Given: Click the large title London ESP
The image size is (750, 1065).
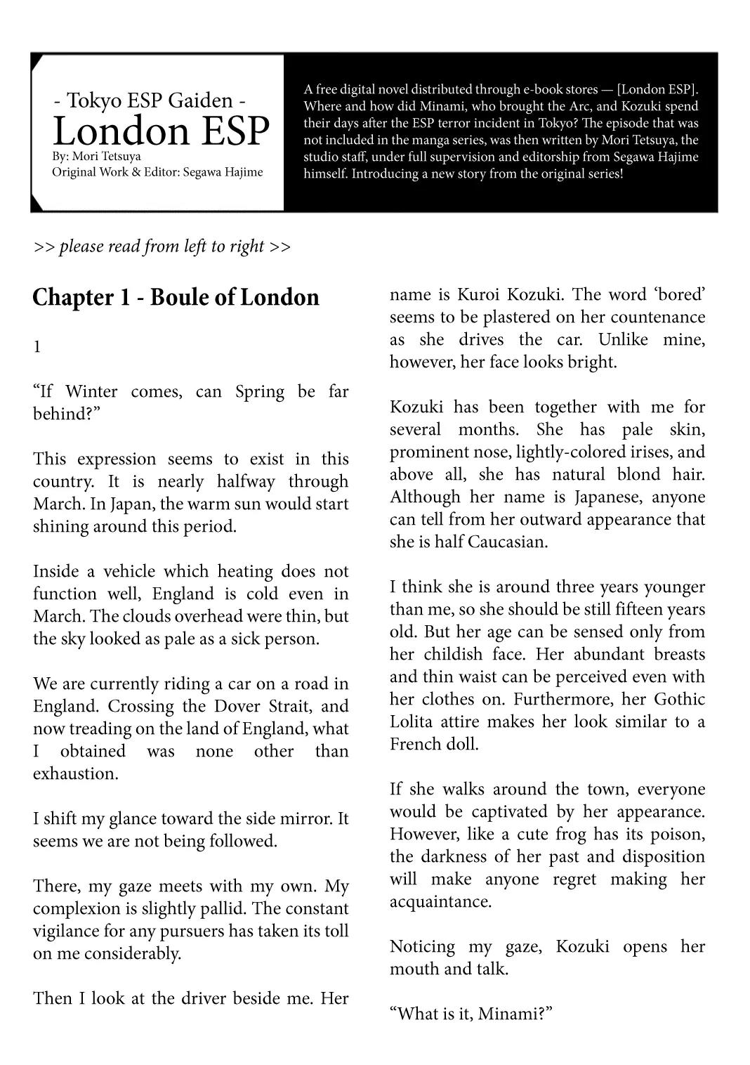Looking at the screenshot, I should (x=161, y=131).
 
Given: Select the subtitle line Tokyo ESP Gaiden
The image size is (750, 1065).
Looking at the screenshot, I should (x=150, y=100).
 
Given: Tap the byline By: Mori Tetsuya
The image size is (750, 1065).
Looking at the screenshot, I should (x=96, y=156).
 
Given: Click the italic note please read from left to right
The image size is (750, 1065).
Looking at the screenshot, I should (x=162, y=247).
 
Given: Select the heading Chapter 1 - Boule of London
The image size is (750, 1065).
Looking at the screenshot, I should (x=176, y=297).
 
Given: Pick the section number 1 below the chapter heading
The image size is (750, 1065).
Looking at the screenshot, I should (x=37, y=346).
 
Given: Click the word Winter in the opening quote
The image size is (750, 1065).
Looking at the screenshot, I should (x=91, y=391).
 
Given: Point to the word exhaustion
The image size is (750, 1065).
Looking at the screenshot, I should (x=75, y=773).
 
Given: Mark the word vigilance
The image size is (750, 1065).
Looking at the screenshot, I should (x=67, y=931).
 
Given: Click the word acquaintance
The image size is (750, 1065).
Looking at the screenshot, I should (x=440, y=901).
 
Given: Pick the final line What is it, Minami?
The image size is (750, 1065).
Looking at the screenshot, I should (x=471, y=1014).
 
